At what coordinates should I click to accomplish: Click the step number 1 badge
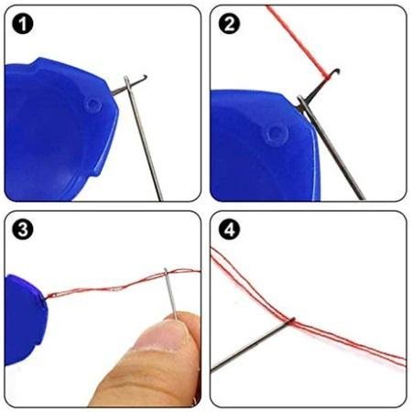pyautogui.click(x=23, y=24)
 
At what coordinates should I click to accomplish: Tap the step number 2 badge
pyautogui.click(x=229, y=24)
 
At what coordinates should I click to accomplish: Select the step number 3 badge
pyautogui.click(x=23, y=230)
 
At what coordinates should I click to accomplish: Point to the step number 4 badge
pyautogui.click(x=229, y=230)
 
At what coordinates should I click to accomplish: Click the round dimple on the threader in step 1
pyautogui.click(x=93, y=104)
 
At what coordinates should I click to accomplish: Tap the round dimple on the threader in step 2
pyautogui.click(x=276, y=135)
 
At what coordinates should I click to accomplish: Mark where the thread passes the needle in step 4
pyautogui.click(x=292, y=320)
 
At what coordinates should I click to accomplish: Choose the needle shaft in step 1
pyautogui.click(x=144, y=139)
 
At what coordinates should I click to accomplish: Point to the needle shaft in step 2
pyautogui.click(x=331, y=148)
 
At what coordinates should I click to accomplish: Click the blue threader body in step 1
pyautogui.click(x=58, y=128)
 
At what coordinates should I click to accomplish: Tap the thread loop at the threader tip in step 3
pyautogui.click(x=52, y=296)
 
